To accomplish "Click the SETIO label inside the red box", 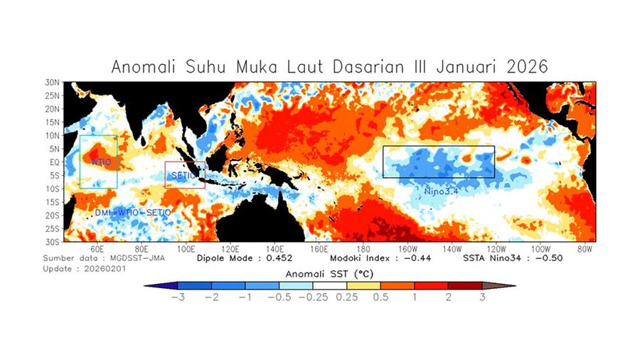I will click(182, 175).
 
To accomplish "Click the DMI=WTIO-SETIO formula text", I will click(133, 213).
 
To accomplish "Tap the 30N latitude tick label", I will click(52, 83).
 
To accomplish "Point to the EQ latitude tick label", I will click(53, 162).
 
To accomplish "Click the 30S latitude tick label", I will click(52, 242).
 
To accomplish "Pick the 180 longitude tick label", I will click(363, 250).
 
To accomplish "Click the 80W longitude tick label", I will click(585, 250).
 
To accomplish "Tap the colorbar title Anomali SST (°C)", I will click(330, 273).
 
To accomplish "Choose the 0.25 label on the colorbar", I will click(347, 297).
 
